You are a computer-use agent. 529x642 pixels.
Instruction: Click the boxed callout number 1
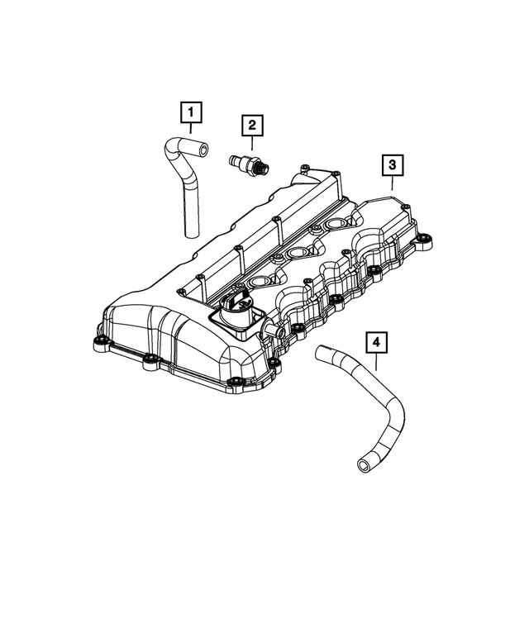point(190,110)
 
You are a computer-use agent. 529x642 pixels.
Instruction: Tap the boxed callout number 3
point(393,166)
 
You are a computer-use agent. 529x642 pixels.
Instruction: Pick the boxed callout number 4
point(375,342)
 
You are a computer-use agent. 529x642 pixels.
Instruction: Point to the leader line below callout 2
point(252,144)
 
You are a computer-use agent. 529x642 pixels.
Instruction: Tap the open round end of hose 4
point(363,468)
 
